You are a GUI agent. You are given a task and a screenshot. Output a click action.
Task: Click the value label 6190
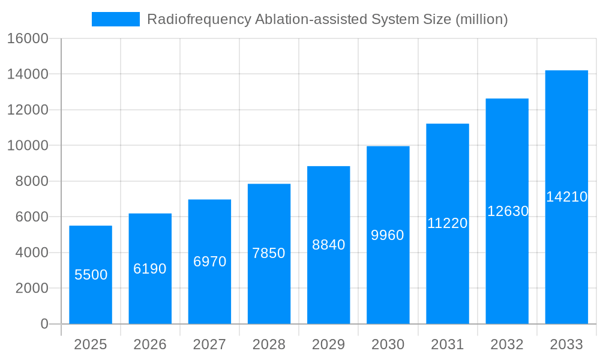(x=150, y=269)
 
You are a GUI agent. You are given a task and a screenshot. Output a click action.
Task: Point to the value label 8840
(x=329, y=245)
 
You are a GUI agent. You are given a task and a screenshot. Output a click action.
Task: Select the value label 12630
(x=508, y=211)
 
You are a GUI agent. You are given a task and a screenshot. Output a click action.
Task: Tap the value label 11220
(x=448, y=223)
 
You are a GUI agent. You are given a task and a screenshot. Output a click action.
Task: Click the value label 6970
(x=209, y=262)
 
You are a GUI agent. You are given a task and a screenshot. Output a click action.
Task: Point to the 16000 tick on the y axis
(x=28, y=39)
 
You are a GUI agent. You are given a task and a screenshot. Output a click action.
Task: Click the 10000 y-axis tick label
(x=28, y=146)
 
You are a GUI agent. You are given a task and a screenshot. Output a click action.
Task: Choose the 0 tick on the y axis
(x=44, y=324)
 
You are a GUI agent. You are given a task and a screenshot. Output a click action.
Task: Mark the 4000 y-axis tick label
(x=31, y=253)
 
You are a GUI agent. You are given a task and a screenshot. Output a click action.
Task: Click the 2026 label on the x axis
(x=150, y=344)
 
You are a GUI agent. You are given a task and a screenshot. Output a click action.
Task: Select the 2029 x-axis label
(x=329, y=344)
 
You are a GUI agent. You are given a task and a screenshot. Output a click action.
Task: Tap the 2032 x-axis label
(x=507, y=344)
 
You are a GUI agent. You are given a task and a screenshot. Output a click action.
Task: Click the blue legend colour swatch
(x=116, y=19)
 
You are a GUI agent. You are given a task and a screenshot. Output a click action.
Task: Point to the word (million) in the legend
(x=482, y=19)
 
